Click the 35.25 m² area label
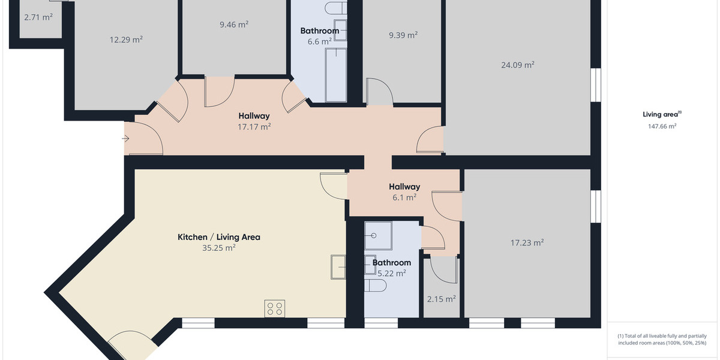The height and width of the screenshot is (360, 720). pos(218,247)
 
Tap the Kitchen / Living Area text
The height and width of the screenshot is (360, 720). pos(218,237)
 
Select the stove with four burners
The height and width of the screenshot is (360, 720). pos(275,308)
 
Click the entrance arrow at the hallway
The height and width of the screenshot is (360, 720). pos(125,139)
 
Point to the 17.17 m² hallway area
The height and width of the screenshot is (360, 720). pos(254,127)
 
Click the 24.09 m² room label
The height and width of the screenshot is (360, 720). pos(517,65)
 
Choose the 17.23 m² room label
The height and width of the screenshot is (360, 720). pos(527,243)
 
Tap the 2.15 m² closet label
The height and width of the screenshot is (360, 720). pos(441,299)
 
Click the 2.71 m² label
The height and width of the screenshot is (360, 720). pos(38,17)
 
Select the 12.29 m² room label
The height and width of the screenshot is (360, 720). pos(126,40)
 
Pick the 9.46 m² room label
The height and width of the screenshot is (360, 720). pos(234,25)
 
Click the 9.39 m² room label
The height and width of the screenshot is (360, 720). pos(403,35)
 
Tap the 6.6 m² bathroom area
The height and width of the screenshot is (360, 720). pos(319,41)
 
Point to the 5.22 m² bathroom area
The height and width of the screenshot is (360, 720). pos(391,272)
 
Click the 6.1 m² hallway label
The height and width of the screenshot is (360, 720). pos(404,197)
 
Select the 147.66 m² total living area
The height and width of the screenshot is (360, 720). pos(662,127)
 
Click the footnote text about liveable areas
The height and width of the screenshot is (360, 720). pos(662,340)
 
